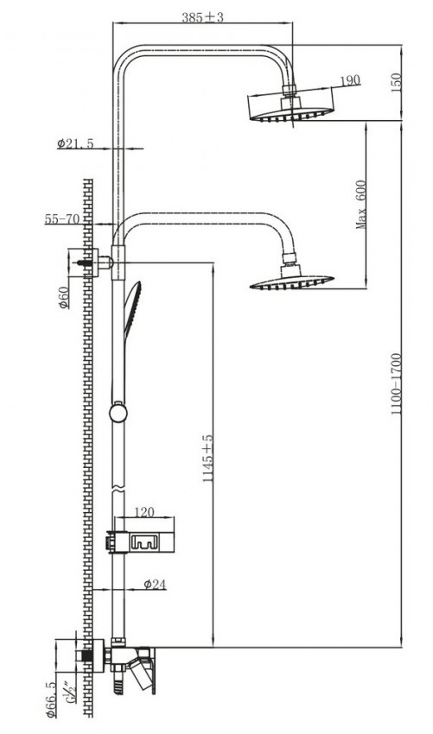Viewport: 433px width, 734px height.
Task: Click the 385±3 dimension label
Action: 202,17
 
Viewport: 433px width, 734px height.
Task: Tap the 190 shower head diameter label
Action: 350,80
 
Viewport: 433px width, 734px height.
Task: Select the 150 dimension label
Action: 396,83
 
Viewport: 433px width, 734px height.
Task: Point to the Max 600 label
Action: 361,205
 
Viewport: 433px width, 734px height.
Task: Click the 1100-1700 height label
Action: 397,384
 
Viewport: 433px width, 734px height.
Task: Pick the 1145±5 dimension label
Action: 207,459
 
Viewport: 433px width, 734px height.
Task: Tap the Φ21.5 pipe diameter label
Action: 75,143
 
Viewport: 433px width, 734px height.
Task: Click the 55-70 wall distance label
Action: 62,218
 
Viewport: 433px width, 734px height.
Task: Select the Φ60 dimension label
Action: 64,297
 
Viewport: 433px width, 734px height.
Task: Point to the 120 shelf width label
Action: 143,512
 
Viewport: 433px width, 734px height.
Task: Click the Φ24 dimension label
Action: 155,584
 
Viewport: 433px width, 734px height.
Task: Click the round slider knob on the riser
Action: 118,413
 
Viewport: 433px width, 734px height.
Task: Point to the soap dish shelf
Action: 141,542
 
